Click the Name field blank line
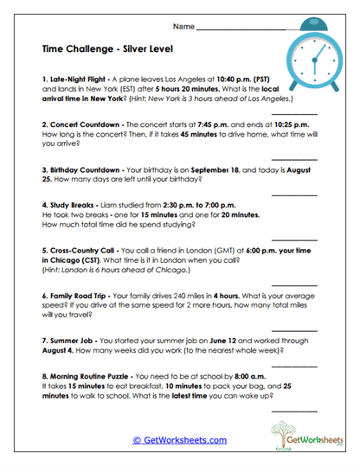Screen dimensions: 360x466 point(242,29)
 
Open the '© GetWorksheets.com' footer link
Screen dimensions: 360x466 point(179,440)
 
